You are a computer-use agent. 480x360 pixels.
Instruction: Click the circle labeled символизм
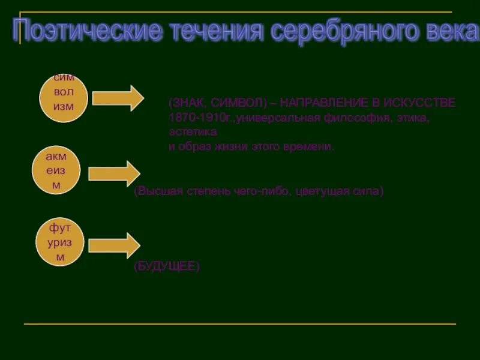coord(64,98)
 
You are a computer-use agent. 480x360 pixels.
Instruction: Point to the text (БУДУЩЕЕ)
coord(166,266)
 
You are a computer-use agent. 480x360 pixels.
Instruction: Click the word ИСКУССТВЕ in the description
coord(425,103)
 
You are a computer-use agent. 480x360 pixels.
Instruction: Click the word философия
coord(366,118)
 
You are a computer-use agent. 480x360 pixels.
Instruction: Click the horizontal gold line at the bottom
coord(240,324)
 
